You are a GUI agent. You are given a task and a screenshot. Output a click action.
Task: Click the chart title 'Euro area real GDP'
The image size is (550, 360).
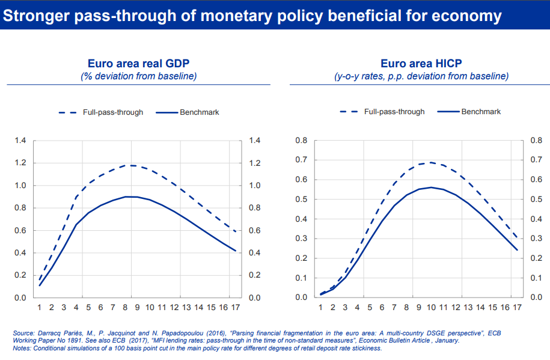click(x=139, y=64)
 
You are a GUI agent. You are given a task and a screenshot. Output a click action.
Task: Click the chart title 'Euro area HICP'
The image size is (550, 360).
click(x=421, y=64)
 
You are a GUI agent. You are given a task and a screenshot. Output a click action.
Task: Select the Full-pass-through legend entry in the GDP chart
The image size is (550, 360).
click(x=112, y=112)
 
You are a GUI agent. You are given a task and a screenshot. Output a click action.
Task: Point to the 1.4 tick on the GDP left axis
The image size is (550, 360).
click(x=20, y=141)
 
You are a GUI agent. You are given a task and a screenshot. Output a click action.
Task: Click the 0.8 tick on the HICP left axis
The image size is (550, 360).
click(x=302, y=141)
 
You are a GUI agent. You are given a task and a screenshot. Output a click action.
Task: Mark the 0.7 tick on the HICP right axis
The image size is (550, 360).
click(x=537, y=160)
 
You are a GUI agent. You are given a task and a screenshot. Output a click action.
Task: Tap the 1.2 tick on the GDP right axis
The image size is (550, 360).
click(x=255, y=163)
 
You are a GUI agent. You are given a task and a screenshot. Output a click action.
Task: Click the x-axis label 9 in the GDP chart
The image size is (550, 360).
click(x=137, y=308)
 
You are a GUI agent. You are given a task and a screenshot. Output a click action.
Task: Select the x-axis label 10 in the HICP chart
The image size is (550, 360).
click(x=431, y=308)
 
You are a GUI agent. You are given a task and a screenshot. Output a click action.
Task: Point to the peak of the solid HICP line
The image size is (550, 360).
click(x=431, y=188)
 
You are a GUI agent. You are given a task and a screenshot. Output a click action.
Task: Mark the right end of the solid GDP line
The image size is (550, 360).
click(x=236, y=251)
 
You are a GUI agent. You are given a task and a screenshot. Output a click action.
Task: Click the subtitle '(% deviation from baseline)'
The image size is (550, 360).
click(x=139, y=76)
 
